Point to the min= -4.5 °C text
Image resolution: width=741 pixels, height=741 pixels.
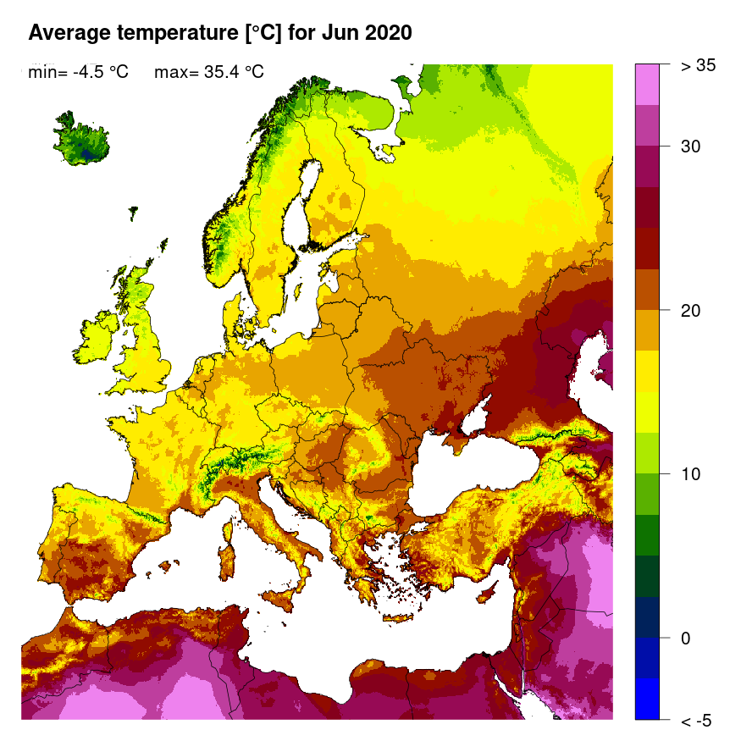[x=78, y=73]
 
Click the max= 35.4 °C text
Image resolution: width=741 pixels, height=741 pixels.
[x=209, y=73]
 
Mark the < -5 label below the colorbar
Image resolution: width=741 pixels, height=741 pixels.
[x=697, y=721]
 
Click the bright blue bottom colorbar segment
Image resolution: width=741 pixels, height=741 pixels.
[x=647, y=699]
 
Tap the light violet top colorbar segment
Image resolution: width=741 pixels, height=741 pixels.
[x=647, y=84]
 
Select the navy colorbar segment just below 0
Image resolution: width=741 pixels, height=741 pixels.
[x=647, y=617]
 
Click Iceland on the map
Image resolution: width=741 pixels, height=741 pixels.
[x=81, y=142]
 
